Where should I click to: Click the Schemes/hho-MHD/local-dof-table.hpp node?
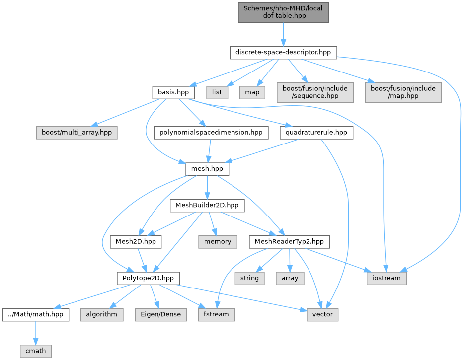(283, 12)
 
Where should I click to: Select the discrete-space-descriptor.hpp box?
(283, 52)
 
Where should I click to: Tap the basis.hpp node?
(173, 92)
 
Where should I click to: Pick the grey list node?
(217, 92)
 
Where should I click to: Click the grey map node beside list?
(252, 92)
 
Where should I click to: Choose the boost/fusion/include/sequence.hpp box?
(315, 92)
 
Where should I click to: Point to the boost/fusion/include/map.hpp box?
(403, 92)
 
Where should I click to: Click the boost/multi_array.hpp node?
(77, 133)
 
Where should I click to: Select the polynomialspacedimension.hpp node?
(211, 133)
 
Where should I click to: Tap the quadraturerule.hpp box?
(316, 133)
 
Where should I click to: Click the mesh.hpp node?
(207, 169)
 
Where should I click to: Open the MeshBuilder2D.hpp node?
(207, 205)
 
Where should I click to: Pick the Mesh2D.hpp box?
(136, 242)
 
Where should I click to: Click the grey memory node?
(218, 242)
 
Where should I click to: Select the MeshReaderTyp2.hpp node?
(289, 242)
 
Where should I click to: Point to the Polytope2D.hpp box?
(148, 278)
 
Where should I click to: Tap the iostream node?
(387, 278)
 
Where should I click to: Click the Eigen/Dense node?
(160, 314)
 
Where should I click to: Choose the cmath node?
(35, 351)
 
